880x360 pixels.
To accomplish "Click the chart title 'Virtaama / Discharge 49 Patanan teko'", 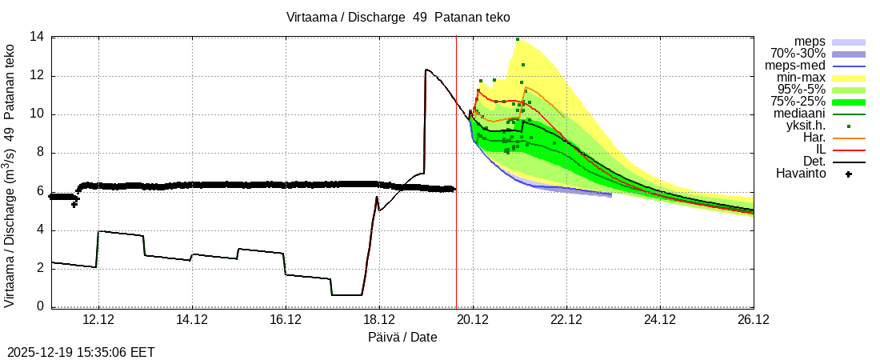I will tap(398, 17).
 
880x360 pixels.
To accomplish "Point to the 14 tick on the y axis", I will tap(37, 37).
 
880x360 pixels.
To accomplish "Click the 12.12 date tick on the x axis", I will tap(98, 320).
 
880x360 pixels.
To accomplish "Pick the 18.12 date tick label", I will tap(379, 320).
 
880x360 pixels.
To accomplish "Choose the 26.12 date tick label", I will tap(754, 320).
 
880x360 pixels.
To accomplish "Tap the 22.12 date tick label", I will tap(566, 320).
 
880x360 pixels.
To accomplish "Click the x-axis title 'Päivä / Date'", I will tap(402, 338).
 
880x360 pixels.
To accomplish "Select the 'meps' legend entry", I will tap(810, 42).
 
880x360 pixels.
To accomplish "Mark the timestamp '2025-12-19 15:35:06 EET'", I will tap(81, 352).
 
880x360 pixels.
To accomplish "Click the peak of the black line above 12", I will tap(426, 70).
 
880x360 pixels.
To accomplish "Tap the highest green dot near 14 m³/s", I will tap(518, 39).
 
